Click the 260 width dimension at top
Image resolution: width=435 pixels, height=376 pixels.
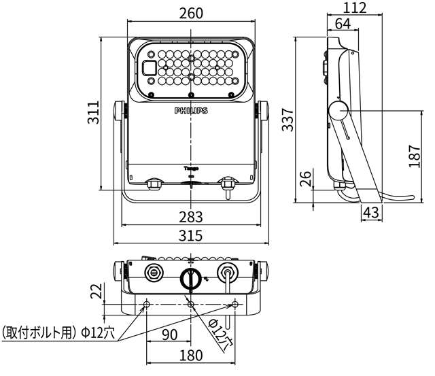[x=191, y=13]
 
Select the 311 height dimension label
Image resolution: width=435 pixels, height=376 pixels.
[x=93, y=112]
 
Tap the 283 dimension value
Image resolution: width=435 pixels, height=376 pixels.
[x=191, y=217]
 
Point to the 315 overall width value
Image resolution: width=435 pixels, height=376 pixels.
[x=191, y=236]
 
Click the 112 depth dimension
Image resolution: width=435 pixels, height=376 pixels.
[x=355, y=7]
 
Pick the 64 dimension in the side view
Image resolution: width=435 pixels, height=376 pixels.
[x=343, y=24]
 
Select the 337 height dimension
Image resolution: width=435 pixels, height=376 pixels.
[x=288, y=120]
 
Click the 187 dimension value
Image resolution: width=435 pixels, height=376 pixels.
[x=415, y=156]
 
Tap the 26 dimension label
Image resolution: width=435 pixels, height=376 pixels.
[x=305, y=179]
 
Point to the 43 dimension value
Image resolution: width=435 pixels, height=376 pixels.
[x=371, y=213]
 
